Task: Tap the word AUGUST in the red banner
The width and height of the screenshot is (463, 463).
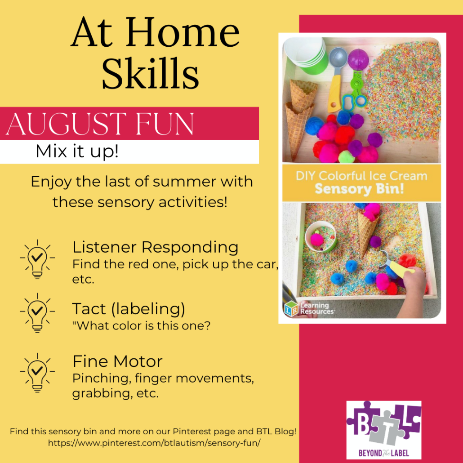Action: coord(56,124)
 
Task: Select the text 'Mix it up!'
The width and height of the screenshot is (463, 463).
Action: coord(77,152)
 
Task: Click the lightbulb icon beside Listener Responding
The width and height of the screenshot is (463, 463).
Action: coord(37,259)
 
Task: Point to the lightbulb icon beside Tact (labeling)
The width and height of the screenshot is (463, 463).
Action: coord(37,312)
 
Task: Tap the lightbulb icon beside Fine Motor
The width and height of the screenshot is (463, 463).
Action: coord(37,372)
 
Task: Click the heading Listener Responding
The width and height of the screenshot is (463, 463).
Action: coord(155,247)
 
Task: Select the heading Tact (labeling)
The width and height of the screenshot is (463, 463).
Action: coord(129,309)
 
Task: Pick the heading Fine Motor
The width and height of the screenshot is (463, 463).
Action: coord(117,361)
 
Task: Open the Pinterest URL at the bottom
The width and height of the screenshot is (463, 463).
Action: coord(154,442)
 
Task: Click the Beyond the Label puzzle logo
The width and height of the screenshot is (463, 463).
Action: coord(383,429)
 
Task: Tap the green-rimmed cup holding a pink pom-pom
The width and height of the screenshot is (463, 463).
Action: coord(321,238)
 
